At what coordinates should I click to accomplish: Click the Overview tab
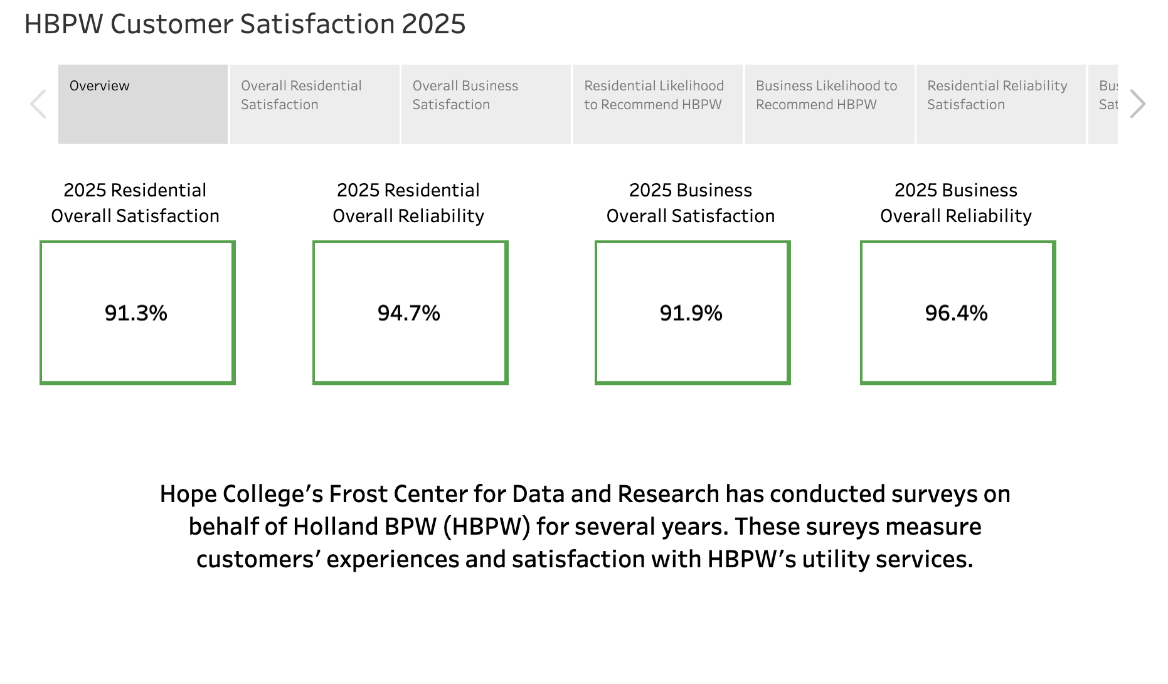143,104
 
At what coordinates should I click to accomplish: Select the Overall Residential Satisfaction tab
314,104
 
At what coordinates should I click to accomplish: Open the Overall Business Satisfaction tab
486,104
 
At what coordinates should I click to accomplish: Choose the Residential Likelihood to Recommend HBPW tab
657,104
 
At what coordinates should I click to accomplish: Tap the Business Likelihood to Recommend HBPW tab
829,104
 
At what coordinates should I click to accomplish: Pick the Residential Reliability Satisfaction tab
1001,104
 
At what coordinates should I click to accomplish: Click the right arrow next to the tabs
1137,104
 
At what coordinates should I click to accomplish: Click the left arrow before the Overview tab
38,104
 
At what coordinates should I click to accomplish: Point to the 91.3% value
136,313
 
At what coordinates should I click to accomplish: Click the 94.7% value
409,313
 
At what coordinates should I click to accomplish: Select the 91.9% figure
691,313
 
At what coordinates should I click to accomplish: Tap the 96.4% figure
957,313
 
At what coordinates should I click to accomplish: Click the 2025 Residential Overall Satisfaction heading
135,203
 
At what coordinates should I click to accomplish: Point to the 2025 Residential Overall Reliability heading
408,203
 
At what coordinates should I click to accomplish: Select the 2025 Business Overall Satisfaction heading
691,203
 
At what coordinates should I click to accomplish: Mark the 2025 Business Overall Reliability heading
956,203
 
